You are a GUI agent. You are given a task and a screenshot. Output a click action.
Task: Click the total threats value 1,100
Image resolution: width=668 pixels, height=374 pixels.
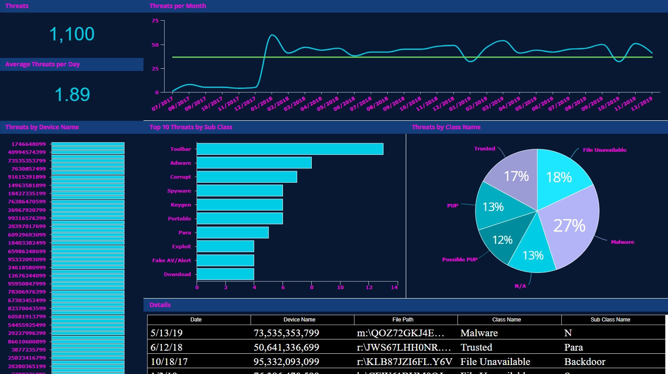(72, 35)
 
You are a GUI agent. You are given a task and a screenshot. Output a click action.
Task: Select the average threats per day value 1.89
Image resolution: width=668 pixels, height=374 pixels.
(72, 95)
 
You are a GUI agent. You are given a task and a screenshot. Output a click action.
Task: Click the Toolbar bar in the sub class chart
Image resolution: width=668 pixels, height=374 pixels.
(290, 149)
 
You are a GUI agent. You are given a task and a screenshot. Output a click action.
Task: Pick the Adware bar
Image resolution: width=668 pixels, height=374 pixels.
(254, 163)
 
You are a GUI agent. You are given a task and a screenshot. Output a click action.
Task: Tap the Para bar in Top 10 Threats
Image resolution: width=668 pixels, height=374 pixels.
(233, 233)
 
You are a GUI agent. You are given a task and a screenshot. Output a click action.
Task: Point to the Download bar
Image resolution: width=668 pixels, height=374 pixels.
(225, 274)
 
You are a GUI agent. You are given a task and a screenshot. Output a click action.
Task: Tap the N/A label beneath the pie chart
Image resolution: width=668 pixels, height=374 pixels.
(520, 286)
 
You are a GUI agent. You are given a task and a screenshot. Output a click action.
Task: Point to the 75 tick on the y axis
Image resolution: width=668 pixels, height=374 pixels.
(155, 21)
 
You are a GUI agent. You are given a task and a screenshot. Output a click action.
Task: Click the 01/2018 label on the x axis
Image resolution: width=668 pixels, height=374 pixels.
(261, 104)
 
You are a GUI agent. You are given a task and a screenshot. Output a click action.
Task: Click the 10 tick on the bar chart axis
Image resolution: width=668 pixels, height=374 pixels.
(341, 287)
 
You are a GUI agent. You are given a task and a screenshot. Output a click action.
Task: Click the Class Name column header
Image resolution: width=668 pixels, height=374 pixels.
(507, 320)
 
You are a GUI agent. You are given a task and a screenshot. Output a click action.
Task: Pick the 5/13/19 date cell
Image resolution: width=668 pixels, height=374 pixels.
(167, 333)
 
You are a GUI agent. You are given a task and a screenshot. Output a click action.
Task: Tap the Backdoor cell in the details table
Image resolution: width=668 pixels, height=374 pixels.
(585, 362)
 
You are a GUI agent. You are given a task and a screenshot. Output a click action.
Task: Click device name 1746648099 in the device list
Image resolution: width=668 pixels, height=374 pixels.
(29, 144)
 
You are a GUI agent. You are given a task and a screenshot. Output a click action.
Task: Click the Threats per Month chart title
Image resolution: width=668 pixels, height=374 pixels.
(178, 6)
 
